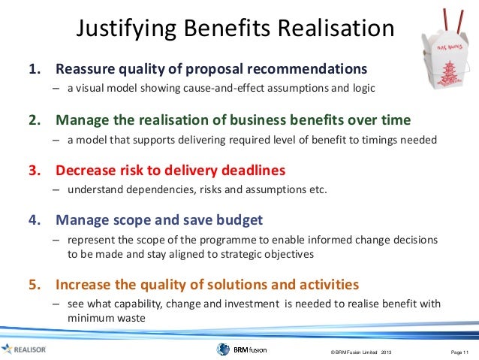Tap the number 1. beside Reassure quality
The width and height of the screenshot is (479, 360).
pyautogui.click(x=35, y=70)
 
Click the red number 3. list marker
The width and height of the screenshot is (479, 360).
pyautogui.click(x=35, y=170)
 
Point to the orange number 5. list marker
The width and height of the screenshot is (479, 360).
pyautogui.click(x=35, y=285)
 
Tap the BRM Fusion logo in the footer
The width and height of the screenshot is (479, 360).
pyautogui.click(x=241, y=349)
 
